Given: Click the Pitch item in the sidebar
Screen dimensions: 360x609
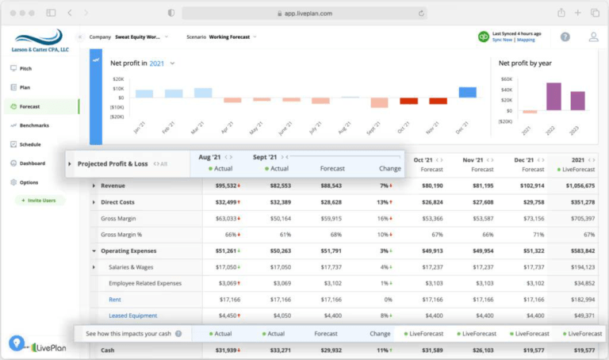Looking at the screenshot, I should coord(25,69).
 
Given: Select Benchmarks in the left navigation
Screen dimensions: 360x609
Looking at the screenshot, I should coord(33,125).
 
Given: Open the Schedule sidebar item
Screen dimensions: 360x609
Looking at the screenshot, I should coord(30,144).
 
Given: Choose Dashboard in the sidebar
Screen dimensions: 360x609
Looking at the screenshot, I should coord(32,163).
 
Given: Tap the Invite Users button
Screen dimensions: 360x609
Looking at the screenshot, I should coord(38,201).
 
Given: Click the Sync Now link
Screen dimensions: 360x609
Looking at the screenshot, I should coord(503,40).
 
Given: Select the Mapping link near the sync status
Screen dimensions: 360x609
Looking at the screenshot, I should coord(526,40).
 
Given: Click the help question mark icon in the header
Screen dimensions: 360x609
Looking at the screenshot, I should coord(565,36).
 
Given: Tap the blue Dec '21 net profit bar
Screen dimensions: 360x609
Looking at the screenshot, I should coord(468,92).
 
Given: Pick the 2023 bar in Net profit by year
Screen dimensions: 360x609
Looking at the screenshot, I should coord(577,101).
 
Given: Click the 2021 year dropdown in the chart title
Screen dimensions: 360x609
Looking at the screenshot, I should coord(162,63).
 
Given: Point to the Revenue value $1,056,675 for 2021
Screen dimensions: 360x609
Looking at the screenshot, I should coord(575,186).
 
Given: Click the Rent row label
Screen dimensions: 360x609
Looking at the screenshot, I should coord(115,299).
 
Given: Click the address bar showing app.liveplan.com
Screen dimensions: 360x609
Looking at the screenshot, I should coord(304,13).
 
